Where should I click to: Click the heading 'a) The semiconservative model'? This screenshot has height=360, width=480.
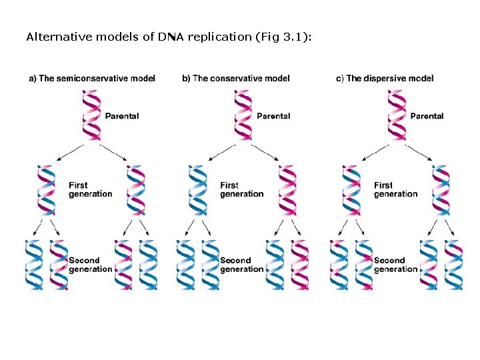(x=92, y=79)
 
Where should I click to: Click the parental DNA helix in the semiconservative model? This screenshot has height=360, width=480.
(x=91, y=115)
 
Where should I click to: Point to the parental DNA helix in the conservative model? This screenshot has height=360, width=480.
(x=244, y=115)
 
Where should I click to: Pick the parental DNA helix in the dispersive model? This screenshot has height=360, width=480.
(x=397, y=115)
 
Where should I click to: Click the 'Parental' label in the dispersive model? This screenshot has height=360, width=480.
(x=427, y=116)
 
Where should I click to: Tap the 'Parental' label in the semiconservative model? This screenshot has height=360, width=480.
(x=121, y=116)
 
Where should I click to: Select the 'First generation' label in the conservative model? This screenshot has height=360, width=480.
(x=241, y=189)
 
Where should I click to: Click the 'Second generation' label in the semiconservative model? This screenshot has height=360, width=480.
(x=89, y=265)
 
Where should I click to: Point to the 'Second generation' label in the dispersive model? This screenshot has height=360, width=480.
(x=395, y=265)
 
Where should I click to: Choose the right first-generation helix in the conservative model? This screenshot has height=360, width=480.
(x=287, y=189)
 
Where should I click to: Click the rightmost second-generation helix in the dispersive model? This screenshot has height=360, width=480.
(x=453, y=265)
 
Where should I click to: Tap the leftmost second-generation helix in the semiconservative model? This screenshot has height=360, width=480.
(x=34, y=265)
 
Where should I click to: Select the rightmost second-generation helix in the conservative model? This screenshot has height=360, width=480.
(x=300, y=265)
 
